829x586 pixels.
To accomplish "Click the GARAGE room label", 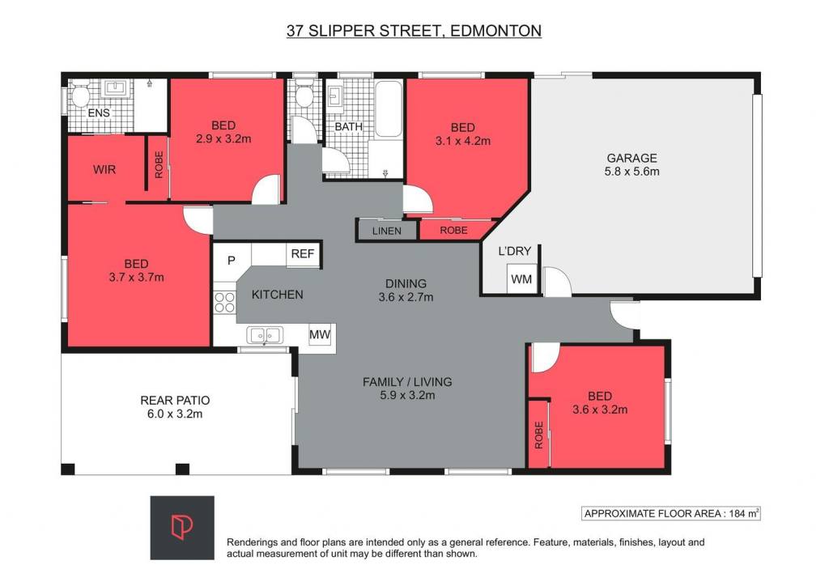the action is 631,158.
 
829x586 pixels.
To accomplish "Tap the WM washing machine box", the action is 522,278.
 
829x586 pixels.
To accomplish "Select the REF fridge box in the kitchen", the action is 303,254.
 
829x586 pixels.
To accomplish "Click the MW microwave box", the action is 319,334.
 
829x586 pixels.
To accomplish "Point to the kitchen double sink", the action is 265,335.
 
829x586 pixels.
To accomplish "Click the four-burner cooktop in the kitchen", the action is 224,302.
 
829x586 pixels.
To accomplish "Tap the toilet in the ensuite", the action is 79,96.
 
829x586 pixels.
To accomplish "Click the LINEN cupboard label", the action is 386,231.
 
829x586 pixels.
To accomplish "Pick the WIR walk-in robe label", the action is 104,170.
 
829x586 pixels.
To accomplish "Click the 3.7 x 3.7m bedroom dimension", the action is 136,277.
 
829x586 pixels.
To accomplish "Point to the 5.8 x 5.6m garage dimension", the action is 631,172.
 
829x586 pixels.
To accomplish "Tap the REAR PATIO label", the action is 175,401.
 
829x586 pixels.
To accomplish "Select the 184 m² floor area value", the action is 745,513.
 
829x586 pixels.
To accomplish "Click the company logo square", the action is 182,528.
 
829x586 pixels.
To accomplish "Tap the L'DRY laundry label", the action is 514,251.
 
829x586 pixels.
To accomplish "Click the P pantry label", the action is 231,260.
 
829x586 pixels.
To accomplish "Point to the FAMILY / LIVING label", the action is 407,381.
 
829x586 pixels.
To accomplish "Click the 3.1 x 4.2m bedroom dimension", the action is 463,141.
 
